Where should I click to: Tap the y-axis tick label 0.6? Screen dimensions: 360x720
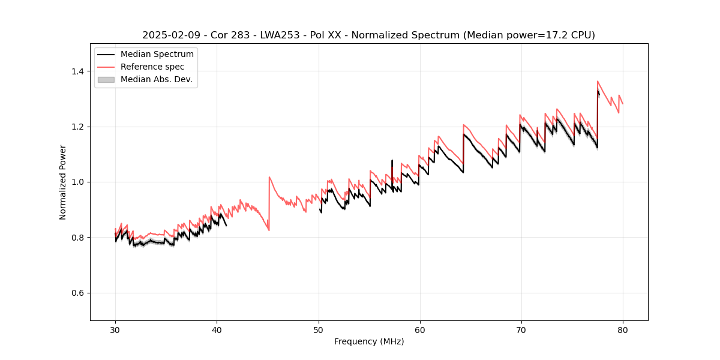click(x=77, y=293)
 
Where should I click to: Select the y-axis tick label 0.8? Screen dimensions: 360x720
click(x=77, y=238)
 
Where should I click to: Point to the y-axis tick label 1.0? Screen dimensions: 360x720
click(x=77, y=182)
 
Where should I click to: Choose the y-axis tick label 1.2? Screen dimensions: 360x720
click(x=77, y=127)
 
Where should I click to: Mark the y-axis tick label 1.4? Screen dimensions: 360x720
click(x=77, y=71)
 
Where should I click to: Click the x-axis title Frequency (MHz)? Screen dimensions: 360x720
click(x=369, y=341)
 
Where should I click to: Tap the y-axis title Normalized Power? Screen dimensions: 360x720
click(x=62, y=182)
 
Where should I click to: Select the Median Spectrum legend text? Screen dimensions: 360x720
click(x=157, y=55)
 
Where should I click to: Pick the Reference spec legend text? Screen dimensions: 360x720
click(x=152, y=67)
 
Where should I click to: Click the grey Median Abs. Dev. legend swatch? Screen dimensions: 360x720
click(x=106, y=79)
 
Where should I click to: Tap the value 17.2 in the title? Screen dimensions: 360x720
click(x=552, y=35)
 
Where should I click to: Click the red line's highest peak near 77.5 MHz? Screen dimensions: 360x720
click(x=598, y=81)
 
